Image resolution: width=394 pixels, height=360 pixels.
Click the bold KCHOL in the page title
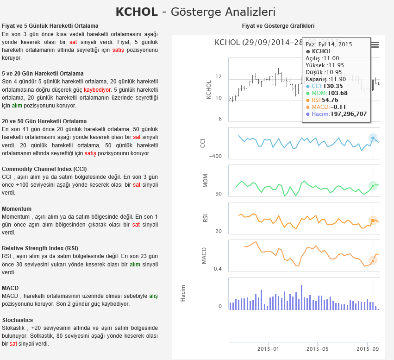pyautogui.click(x=137, y=12)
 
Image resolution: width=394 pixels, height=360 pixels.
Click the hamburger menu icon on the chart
pyautogui.click(x=375, y=45)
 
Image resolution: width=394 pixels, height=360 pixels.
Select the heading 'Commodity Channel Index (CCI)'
pyautogui.click(x=44, y=169)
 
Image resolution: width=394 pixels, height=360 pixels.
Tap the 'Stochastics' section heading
pyautogui.click(x=17, y=320)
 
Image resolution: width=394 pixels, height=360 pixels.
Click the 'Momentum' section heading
pyautogui.click(x=17, y=209)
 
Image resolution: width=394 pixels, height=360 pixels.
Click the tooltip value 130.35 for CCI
pyautogui.click(x=333, y=86)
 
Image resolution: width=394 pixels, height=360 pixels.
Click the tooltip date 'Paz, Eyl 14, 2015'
pyautogui.click(x=329, y=44)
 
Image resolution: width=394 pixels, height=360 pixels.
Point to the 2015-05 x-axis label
pyautogui.click(x=317, y=349)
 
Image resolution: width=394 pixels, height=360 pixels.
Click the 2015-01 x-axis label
pyautogui.click(x=268, y=349)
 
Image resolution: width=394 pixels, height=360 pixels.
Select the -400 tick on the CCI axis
pyautogui.click(x=215, y=156)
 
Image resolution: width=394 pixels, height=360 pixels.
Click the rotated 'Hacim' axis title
pyautogui.click(x=183, y=293)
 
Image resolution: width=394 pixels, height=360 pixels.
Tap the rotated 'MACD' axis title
pyautogui.click(x=204, y=256)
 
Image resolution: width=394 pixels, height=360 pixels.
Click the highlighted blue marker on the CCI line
pyautogui.click(x=373, y=138)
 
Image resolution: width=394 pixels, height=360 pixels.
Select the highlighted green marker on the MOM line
pyautogui.click(x=373, y=186)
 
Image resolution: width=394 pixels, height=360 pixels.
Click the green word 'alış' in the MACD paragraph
pyautogui.click(x=153, y=296)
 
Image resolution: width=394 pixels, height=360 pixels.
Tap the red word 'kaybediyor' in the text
pyautogui.click(x=97, y=89)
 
